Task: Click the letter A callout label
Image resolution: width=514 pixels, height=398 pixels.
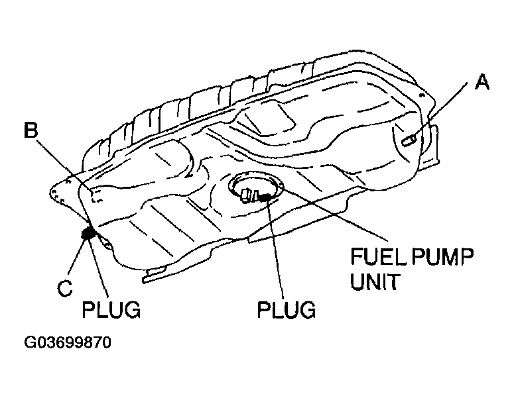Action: pos(482,82)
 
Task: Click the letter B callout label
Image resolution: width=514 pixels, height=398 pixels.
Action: pos(31,130)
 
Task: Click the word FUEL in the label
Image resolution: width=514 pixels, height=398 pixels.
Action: pos(374,256)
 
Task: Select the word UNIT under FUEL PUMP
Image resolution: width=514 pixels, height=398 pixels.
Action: pos(374,282)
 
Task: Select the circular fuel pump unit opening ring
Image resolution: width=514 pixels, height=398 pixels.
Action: pos(258,181)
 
